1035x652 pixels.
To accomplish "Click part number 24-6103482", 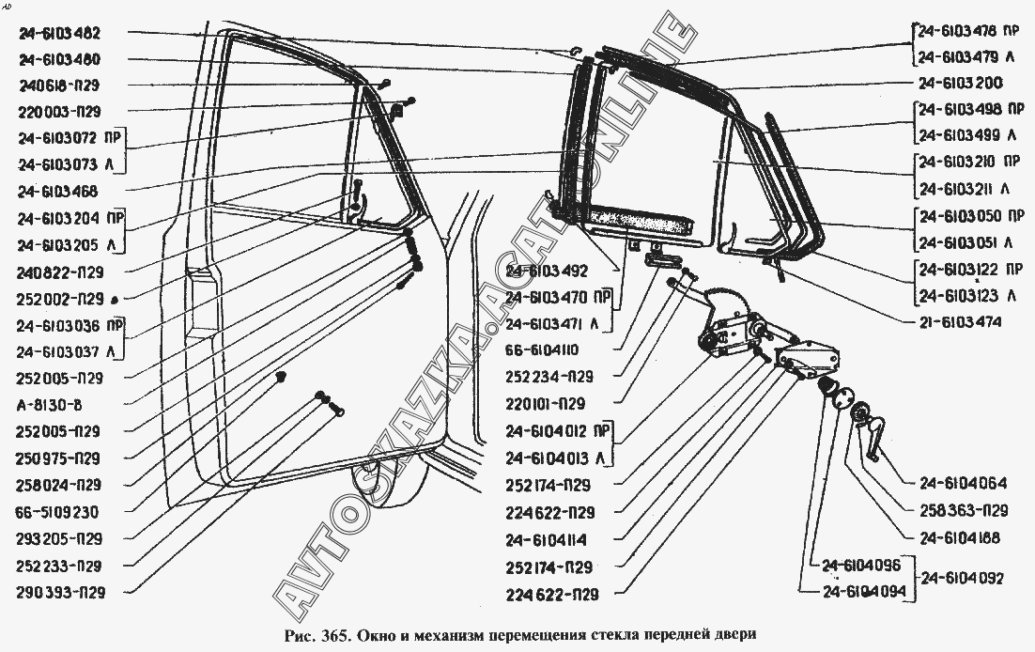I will click(71, 33).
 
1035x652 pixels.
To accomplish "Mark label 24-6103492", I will click(547, 272).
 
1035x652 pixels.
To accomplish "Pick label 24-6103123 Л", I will click(967, 296).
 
